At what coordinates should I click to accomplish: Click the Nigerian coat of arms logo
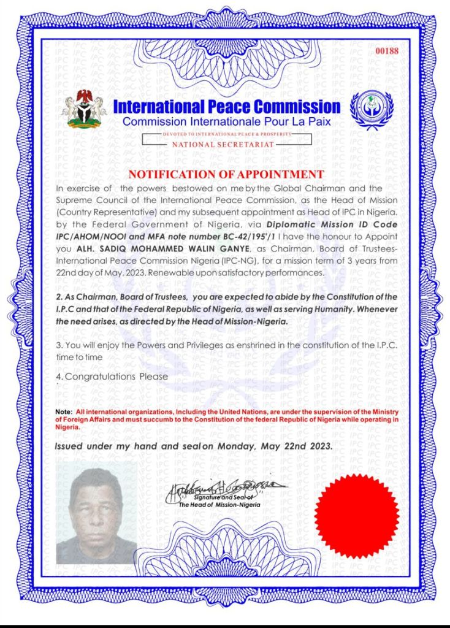(x=83, y=109)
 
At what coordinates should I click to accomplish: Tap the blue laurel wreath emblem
(x=372, y=110)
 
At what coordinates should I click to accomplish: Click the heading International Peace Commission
(x=227, y=107)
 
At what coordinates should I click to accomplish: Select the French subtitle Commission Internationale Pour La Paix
(x=226, y=121)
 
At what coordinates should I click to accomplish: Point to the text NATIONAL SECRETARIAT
(x=223, y=144)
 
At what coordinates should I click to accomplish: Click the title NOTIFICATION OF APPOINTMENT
(x=226, y=174)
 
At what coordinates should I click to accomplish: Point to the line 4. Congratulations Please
(x=112, y=376)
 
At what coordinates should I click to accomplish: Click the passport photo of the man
(x=96, y=513)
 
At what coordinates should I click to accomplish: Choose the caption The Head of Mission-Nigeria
(x=219, y=505)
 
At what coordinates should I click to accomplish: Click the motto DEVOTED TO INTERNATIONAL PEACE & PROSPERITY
(x=224, y=133)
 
